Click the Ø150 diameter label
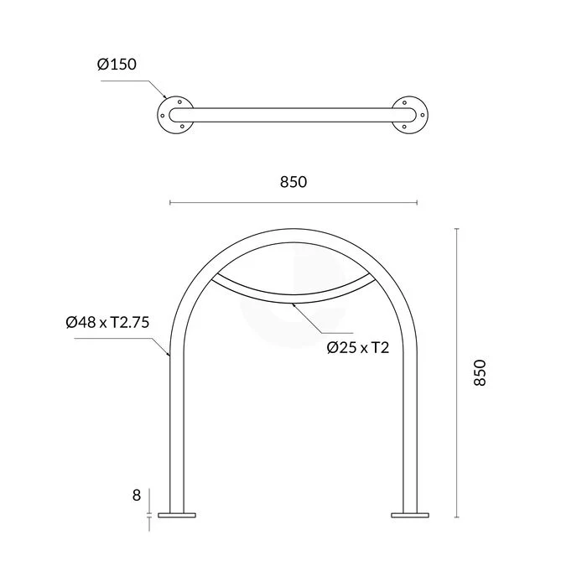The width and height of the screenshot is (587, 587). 117,65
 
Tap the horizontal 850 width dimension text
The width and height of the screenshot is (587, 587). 293,182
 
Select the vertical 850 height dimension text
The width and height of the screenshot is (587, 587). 480,372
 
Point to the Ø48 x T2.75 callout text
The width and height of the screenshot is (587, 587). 108,322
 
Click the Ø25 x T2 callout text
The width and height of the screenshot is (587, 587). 358,348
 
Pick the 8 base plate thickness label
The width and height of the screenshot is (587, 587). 137,496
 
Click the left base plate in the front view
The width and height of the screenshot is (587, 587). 177,515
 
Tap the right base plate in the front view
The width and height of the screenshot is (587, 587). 410,515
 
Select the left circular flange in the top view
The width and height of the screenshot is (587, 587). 164,115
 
